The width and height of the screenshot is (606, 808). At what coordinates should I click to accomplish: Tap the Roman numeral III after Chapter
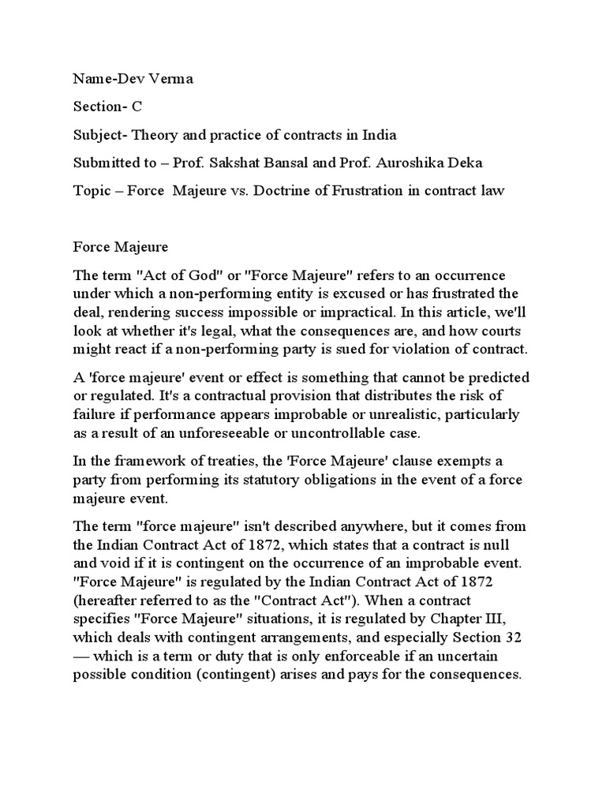point(518,619)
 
